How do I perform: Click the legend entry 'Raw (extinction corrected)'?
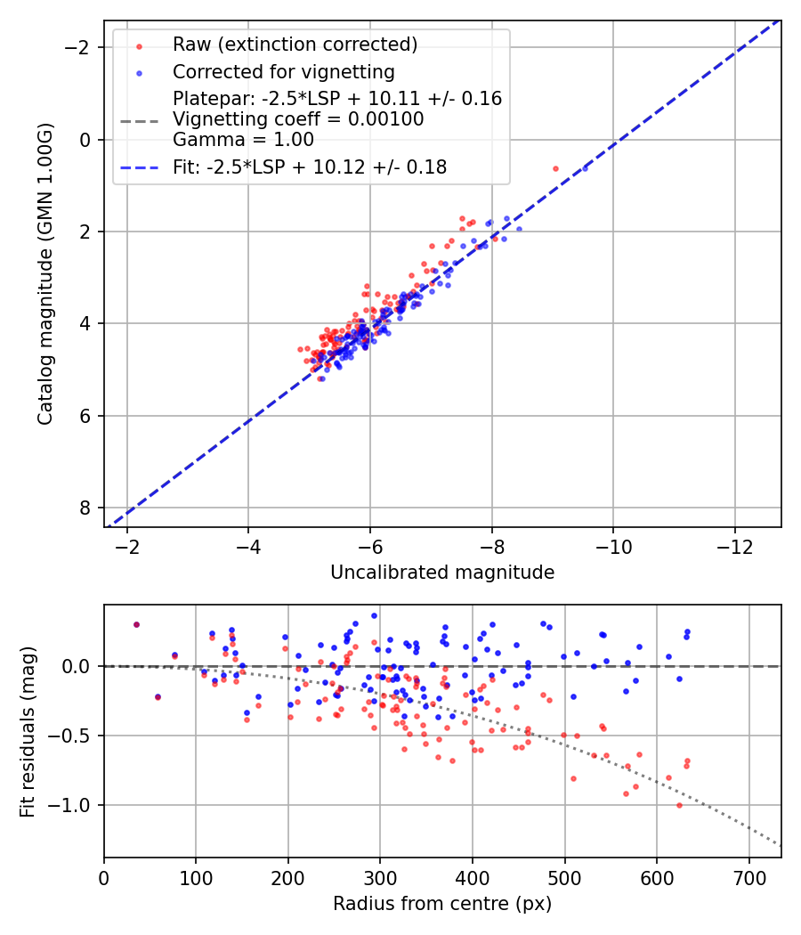(295, 45)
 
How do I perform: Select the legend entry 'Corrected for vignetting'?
(283, 71)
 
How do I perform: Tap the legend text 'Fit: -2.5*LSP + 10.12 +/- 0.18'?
(310, 167)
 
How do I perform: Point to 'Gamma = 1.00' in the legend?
(243, 139)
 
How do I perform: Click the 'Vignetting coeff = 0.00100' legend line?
(298, 118)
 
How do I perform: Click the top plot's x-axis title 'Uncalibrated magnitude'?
(442, 573)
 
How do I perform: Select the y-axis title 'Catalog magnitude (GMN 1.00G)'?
(45, 273)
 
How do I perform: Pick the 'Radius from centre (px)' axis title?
(442, 904)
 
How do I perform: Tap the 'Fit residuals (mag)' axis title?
(28, 731)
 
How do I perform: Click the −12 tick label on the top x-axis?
(734, 544)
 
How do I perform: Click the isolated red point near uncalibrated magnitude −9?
(555, 168)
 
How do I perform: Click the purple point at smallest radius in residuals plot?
(136, 624)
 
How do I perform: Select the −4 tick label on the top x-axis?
(248, 544)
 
